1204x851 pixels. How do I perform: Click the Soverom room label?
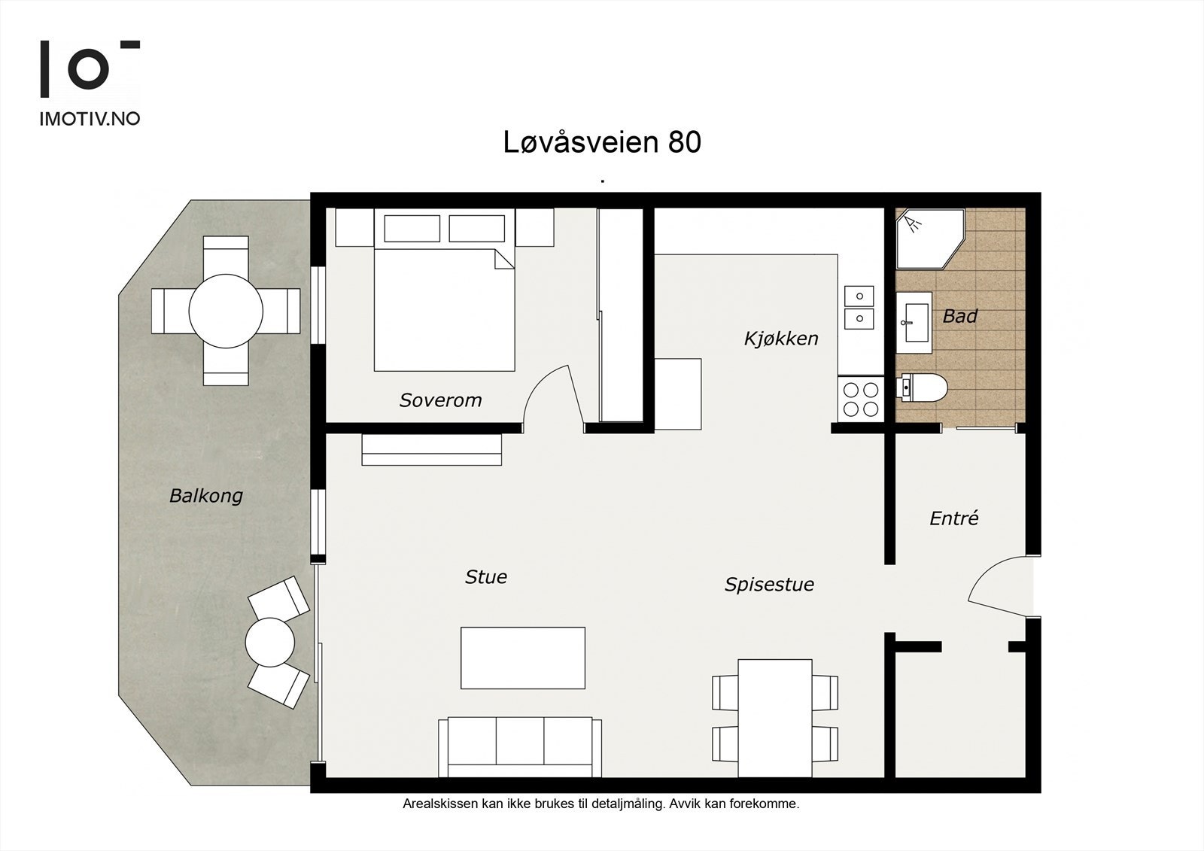(440, 400)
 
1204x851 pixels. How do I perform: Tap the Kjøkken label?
(781, 339)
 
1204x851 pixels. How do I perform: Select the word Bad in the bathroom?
(959, 316)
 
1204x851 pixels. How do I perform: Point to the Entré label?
(953, 518)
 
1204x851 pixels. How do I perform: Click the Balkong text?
(206, 496)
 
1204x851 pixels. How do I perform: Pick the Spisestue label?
(769, 585)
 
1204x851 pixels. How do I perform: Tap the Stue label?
(485, 577)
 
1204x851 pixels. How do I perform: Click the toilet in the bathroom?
(923, 388)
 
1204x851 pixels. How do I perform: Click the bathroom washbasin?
(915, 322)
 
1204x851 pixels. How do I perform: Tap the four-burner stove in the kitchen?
(861, 399)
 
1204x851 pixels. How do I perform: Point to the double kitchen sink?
(859, 308)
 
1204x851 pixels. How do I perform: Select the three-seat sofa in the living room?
(520, 746)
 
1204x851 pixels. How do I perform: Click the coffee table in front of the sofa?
(523, 658)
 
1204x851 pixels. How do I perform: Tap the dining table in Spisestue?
(775, 717)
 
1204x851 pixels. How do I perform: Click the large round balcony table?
(226, 311)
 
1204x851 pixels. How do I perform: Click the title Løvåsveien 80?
(602, 142)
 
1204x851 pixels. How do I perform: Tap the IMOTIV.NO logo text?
(90, 119)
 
